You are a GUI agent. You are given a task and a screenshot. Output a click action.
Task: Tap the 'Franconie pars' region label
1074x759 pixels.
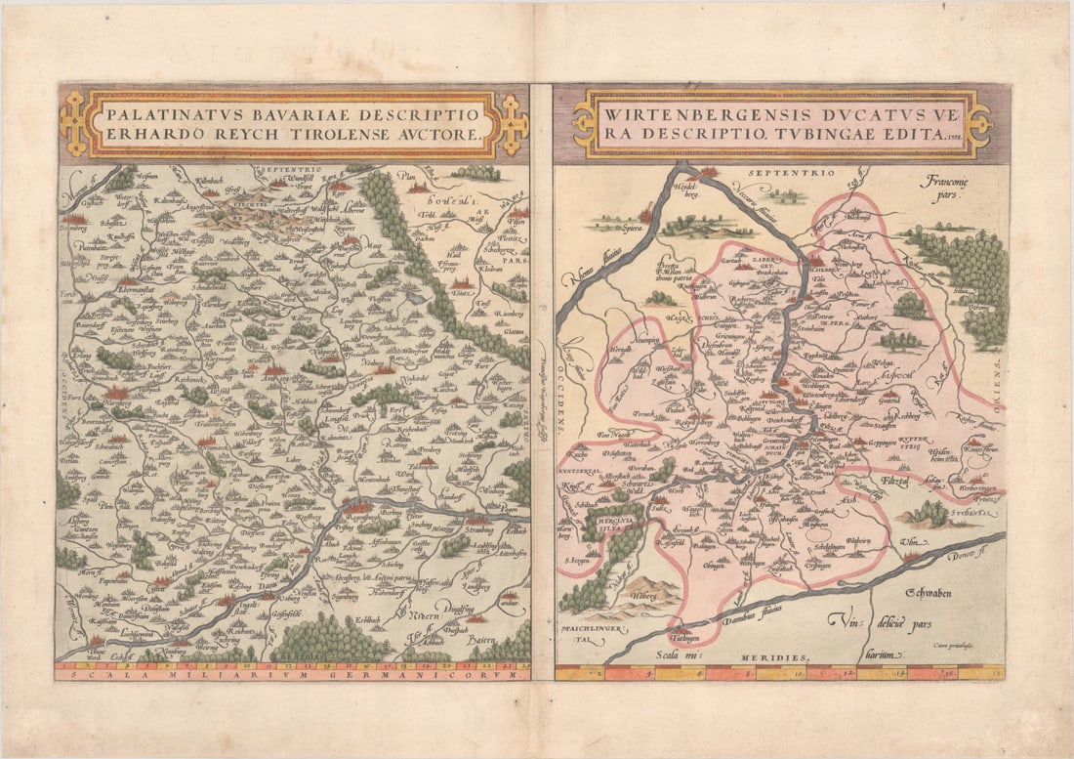click(951, 187)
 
